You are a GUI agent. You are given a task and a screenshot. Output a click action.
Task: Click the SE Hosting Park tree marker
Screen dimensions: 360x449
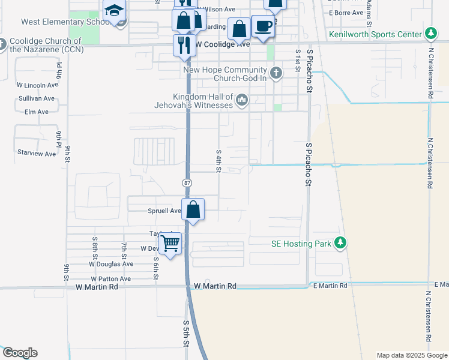[x=341, y=243]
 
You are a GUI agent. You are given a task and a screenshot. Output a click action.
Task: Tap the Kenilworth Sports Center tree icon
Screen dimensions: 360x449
[x=430, y=33]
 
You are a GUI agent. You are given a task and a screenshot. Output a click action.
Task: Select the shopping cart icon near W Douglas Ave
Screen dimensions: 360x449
[x=171, y=244]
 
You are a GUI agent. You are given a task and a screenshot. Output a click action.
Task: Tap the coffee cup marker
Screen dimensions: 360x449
[x=263, y=26]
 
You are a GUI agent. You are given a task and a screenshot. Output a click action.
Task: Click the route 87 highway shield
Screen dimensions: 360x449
[x=187, y=181]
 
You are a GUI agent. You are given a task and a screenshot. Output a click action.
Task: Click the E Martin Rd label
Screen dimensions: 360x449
[x=330, y=286]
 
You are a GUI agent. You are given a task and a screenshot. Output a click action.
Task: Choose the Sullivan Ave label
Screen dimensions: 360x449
[x=37, y=98]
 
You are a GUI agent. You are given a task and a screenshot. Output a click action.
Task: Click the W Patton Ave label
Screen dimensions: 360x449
[x=111, y=279]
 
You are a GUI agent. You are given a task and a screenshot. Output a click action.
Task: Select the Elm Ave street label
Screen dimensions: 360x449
[x=37, y=112]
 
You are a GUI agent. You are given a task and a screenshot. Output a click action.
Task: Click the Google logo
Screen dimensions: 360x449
[x=20, y=353]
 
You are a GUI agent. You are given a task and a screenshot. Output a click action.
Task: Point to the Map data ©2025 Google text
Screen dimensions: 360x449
[x=411, y=355]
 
